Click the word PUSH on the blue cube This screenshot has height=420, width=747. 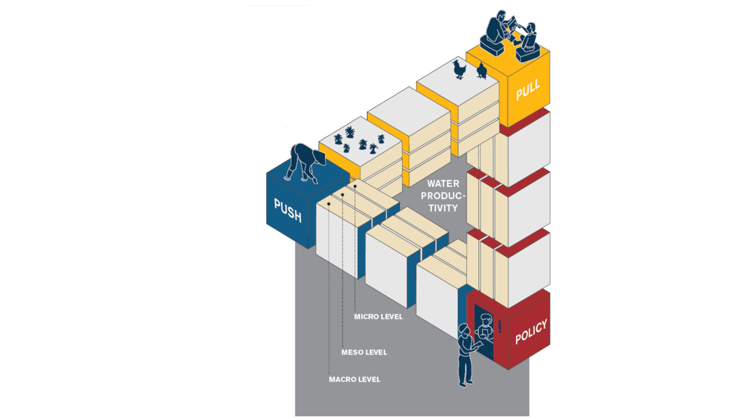[x=287, y=209]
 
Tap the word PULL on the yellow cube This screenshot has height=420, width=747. [x=528, y=89]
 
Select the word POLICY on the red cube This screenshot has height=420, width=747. [x=531, y=332]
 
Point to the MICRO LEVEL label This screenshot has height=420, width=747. [x=378, y=316]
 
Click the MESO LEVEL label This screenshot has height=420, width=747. [x=364, y=353]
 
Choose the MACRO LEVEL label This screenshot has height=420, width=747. [x=354, y=380]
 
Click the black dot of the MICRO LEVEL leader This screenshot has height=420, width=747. [x=355, y=185]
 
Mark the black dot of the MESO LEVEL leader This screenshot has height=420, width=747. [x=342, y=194]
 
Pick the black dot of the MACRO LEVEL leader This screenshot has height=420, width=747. [x=329, y=204]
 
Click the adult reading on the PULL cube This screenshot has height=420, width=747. [x=501, y=26]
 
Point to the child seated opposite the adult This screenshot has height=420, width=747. [x=530, y=36]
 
